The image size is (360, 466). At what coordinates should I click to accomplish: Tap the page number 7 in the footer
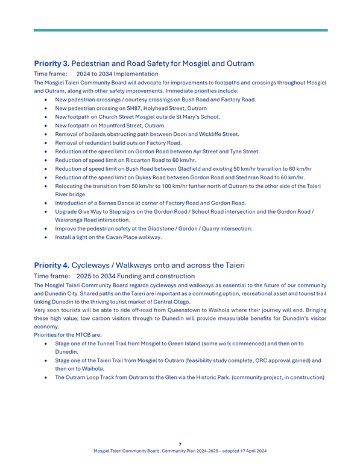click(180, 444)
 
